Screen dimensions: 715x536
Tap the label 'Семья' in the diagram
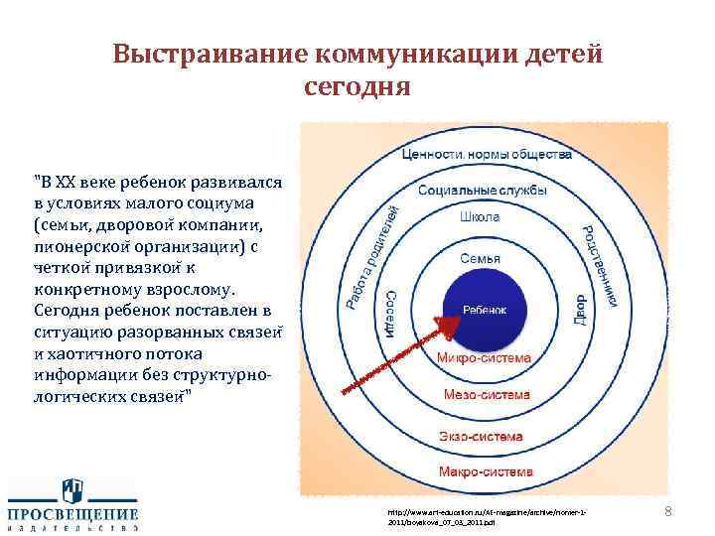pos(480,258)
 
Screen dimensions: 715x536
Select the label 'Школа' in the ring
pos(481,216)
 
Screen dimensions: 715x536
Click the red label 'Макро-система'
pos(486,469)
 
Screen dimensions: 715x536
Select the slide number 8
pos(667,511)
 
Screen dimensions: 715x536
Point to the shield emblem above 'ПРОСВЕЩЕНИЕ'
pos(72,489)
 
